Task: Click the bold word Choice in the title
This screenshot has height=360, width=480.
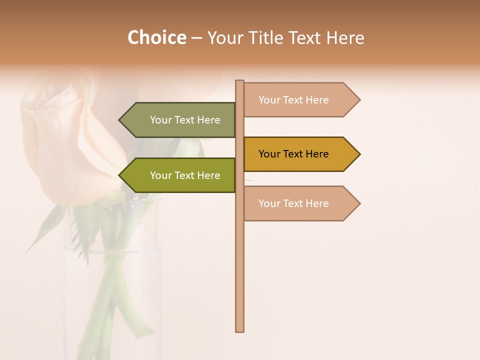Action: [x=156, y=37]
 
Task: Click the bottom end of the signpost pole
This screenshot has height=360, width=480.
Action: [x=239, y=329]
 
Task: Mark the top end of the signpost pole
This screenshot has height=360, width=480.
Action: [x=239, y=82]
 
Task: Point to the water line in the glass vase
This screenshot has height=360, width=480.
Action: [x=112, y=250]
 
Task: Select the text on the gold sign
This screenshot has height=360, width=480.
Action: [x=293, y=154]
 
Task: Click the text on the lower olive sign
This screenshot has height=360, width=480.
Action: [x=185, y=175]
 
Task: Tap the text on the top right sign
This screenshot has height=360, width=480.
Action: [x=293, y=100]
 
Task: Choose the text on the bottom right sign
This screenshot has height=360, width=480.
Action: [x=293, y=203]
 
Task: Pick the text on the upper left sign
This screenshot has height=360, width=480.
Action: [x=185, y=120]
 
